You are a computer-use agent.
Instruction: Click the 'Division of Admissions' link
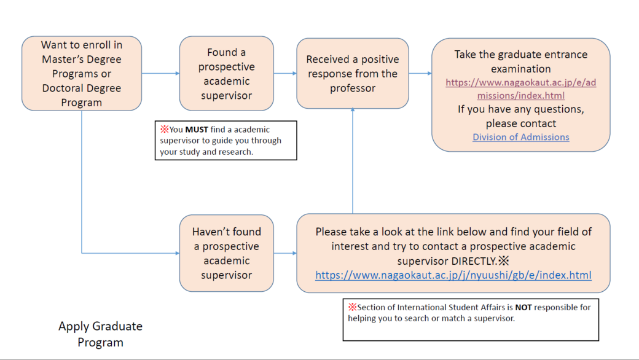click(520, 137)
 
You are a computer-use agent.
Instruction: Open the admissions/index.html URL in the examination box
click(520, 88)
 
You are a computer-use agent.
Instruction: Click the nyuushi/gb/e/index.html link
click(453, 275)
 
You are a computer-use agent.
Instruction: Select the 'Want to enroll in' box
click(82, 73)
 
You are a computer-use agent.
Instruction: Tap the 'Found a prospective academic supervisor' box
click(226, 73)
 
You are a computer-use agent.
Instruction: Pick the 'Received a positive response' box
click(352, 73)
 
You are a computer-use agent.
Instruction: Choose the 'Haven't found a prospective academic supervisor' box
click(226, 253)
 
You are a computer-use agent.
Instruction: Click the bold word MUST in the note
click(197, 130)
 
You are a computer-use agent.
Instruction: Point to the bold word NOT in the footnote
click(523, 307)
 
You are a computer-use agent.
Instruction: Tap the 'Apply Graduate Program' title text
click(100, 334)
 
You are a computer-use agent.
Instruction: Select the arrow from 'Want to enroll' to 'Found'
click(160, 73)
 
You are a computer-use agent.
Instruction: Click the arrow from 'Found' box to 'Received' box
click(285, 73)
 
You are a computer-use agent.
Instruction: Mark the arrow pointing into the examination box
click(420, 73)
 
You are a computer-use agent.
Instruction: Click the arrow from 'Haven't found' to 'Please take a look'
click(285, 253)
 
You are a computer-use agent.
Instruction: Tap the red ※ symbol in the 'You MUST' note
click(164, 130)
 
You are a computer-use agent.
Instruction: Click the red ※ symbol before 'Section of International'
click(352, 307)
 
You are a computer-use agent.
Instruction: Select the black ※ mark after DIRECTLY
click(504, 260)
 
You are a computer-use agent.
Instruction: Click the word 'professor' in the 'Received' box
click(352, 88)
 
